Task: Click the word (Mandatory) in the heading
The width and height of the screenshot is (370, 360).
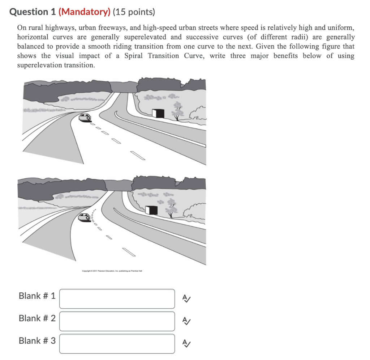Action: [x=84, y=12]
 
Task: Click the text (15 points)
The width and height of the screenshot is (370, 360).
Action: [x=133, y=12]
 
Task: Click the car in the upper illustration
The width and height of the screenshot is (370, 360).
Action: [x=85, y=117]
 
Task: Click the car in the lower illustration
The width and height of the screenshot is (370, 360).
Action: [x=84, y=217]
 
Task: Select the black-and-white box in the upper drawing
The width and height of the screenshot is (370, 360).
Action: [x=158, y=113]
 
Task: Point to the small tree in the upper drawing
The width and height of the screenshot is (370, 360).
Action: [x=177, y=110]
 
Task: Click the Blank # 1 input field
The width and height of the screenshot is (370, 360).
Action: [x=117, y=298]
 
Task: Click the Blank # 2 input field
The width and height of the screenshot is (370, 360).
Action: [x=117, y=321]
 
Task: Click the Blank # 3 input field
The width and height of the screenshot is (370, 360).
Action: [x=117, y=343]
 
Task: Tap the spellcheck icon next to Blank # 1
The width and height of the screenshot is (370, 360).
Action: [x=186, y=298]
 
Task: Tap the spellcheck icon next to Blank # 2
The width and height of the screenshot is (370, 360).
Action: [x=186, y=321]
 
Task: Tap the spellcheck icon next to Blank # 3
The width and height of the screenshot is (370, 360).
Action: [x=186, y=343]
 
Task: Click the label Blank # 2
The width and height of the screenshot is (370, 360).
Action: [x=37, y=318]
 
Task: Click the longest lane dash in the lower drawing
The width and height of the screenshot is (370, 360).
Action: [x=129, y=252]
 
